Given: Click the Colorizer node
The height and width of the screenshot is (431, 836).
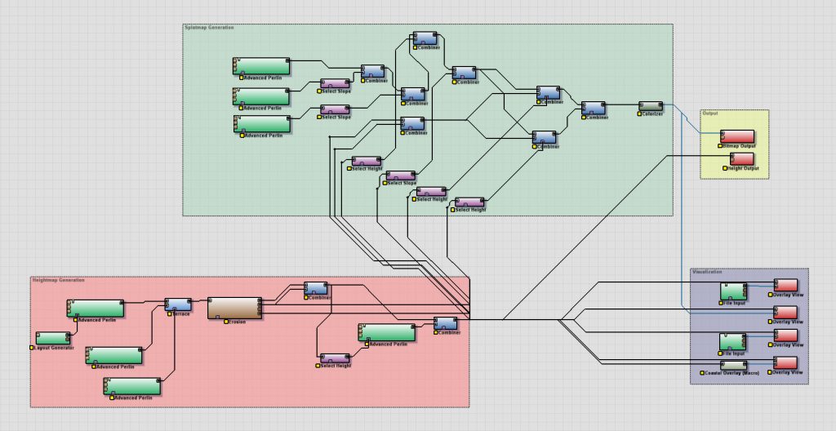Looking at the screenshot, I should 651,106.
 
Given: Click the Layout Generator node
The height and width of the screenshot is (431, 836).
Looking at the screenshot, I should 53,338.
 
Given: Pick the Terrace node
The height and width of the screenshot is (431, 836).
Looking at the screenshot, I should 178,304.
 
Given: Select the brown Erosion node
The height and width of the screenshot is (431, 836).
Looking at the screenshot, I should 234,308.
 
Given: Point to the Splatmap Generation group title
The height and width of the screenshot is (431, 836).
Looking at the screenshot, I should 209,28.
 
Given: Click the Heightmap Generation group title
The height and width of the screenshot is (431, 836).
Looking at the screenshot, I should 58,280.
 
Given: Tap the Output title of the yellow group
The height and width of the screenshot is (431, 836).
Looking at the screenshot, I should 710,113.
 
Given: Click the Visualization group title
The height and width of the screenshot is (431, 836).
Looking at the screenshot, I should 707,272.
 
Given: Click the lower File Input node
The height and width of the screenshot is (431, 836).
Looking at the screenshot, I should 732,341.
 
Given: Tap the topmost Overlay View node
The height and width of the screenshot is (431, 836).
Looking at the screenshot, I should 785,285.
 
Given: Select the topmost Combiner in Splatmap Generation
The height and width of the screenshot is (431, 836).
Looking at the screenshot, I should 425,38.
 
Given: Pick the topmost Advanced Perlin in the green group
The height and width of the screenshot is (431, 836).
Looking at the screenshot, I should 262,65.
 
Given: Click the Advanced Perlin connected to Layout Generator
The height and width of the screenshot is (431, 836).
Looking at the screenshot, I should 96,308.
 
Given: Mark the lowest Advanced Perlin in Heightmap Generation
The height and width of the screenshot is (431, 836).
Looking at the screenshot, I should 132,386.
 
